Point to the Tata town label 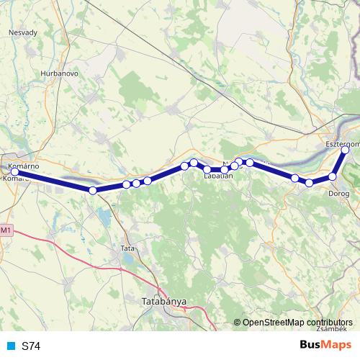pos(128,248)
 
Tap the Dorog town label pos(338,193)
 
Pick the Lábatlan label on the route pos(218,175)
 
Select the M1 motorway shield pos(6,230)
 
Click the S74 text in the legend pos(31,346)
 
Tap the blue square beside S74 pos(9,346)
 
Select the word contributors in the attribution pos(329,322)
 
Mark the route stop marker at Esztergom pos(346,150)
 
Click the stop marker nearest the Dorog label pos(333,176)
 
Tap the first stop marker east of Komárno pos(92,190)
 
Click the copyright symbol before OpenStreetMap pos(238,322)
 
